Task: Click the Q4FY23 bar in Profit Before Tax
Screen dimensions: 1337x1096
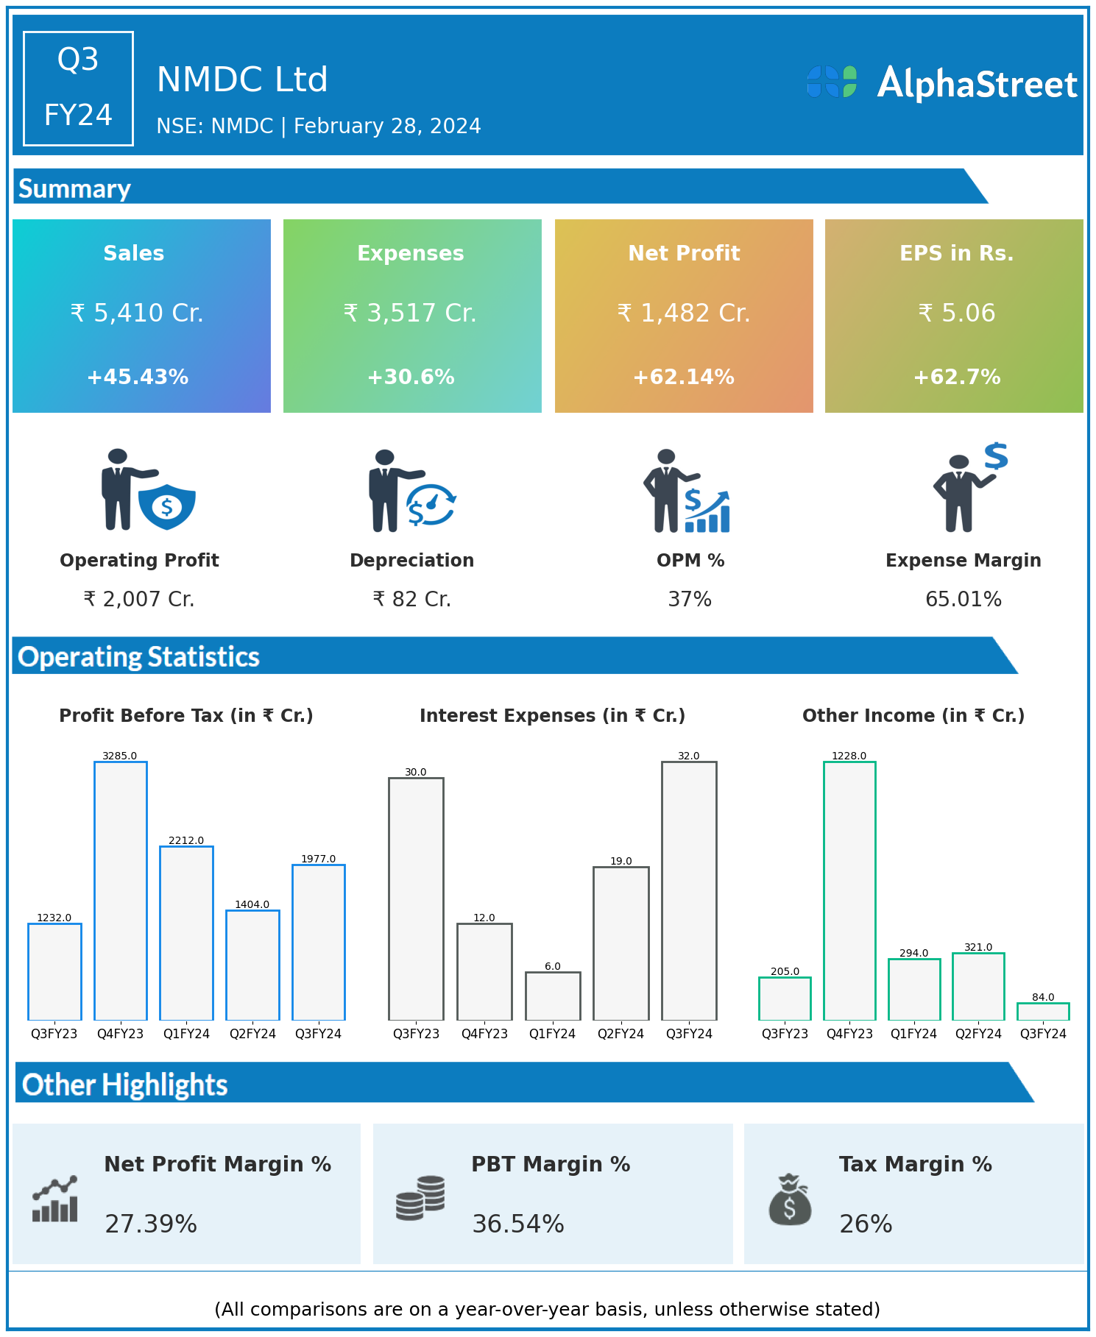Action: point(121,890)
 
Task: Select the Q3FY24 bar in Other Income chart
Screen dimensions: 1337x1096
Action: point(1043,1012)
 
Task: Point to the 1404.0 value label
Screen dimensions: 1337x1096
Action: point(252,904)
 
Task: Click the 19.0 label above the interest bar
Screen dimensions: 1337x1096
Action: point(621,861)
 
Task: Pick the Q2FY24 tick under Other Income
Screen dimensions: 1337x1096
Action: point(978,1034)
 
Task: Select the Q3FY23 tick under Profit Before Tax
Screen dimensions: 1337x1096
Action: point(54,1034)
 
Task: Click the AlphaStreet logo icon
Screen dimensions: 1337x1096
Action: point(832,82)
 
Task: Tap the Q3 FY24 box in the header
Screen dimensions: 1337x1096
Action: point(78,88)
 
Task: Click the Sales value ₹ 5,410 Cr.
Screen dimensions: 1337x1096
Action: point(137,313)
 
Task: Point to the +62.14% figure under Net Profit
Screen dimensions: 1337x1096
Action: point(684,377)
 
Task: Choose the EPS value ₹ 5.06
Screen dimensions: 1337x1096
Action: point(957,313)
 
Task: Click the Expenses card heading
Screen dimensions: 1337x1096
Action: point(411,253)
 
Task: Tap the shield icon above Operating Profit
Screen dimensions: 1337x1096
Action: point(167,506)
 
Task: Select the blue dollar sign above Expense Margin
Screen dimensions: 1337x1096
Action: point(996,456)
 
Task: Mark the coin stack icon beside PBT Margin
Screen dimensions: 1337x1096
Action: point(420,1198)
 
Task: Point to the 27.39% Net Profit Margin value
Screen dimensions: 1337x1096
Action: point(151,1224)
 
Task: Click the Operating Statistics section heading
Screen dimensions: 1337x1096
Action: point(139,656)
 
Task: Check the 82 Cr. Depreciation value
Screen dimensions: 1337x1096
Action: point(412,599)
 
